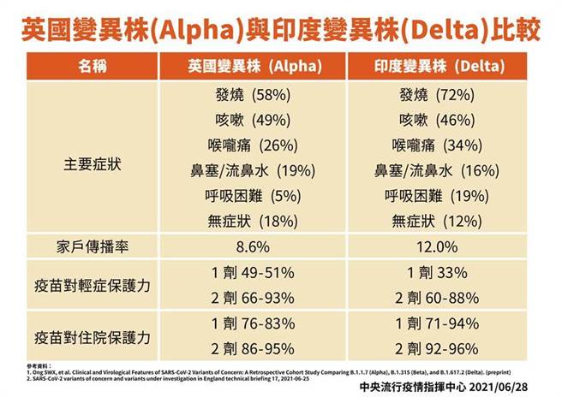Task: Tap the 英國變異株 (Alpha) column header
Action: [x=255, y=66]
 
